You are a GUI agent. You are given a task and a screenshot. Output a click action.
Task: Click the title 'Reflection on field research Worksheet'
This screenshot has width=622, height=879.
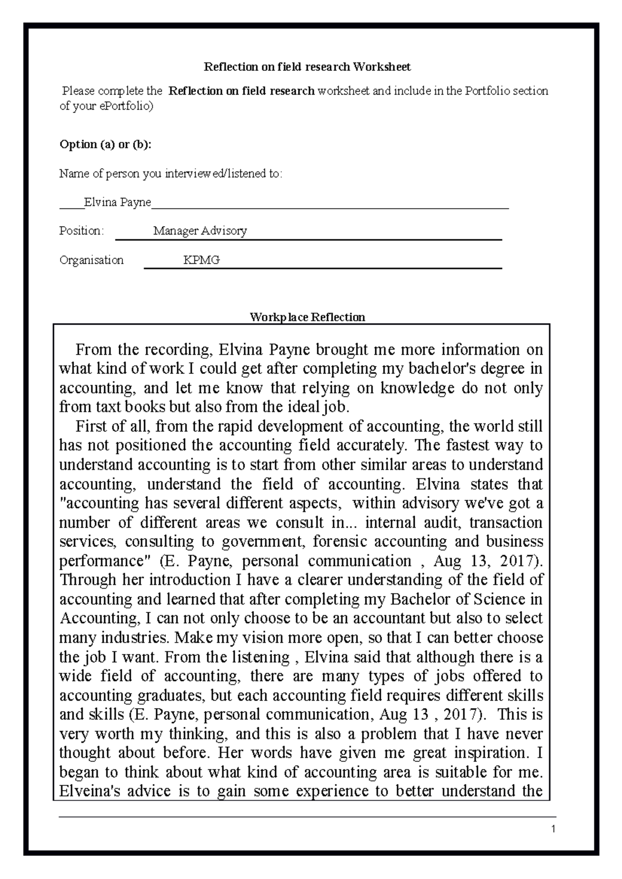(x=307, y=67)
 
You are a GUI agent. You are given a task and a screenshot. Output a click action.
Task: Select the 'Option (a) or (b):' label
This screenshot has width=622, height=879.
(x=105, y=144)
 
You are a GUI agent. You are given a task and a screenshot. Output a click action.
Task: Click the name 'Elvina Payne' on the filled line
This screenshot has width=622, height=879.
(x=117, y=202)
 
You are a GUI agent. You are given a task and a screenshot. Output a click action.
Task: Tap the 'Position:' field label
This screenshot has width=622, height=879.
(x=81, y=231)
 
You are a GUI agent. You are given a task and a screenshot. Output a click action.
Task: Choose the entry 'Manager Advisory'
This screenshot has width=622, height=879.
(x=200, y=231)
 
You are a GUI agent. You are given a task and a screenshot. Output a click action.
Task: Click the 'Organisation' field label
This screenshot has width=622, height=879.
(x=91, y=260)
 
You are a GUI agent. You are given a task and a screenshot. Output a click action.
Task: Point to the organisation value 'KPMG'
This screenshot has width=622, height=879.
(x=201, y=260)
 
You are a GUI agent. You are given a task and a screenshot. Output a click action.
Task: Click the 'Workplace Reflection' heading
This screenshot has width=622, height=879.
(x=307, y=317)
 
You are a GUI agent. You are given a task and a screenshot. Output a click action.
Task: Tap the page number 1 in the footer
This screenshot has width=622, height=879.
(x=554, y=829)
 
